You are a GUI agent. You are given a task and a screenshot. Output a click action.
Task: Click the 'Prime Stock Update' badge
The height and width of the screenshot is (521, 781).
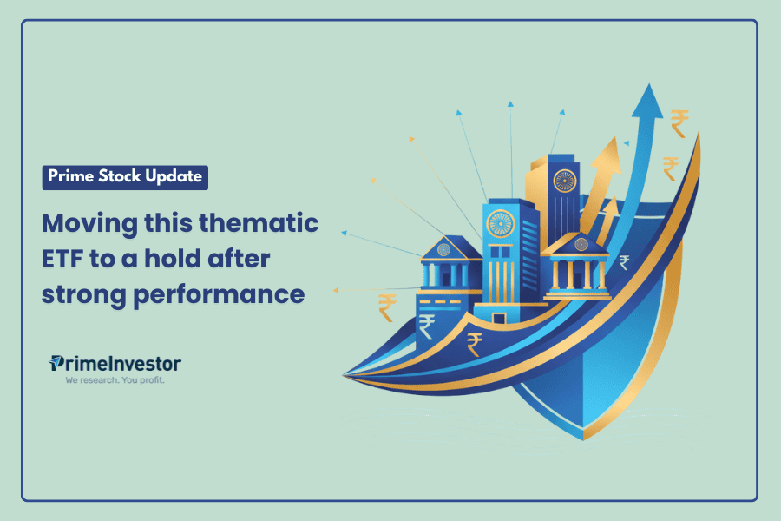click(x=125, y=176)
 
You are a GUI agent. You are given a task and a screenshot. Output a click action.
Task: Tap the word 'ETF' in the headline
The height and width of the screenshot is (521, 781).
click(x=67, y=259)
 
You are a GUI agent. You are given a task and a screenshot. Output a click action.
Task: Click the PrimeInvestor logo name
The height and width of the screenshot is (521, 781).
click(x=115, y=363)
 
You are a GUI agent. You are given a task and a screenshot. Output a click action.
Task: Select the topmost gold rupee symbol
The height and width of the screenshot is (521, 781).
click(x=680, y=122)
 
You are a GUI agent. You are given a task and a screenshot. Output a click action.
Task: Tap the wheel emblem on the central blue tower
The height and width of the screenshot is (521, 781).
click(x=501, y=223)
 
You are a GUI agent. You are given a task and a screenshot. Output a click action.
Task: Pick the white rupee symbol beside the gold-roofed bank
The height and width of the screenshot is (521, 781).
click(x=625, y=262)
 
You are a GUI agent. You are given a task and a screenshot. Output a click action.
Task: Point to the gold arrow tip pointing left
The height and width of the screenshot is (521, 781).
click(x=338, y=290)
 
